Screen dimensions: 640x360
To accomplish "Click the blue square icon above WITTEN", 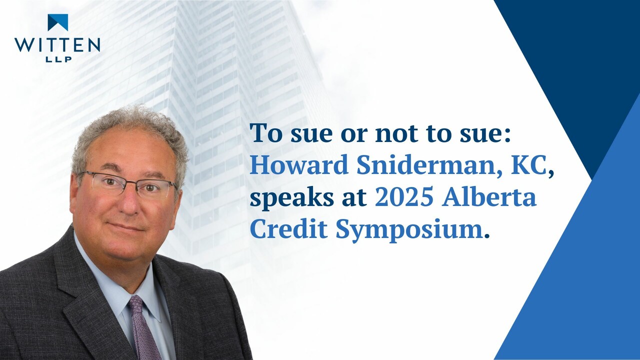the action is [x=57, y=22].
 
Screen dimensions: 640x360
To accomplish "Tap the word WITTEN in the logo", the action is [x=57, y=45].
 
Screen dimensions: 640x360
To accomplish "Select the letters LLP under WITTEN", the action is [x=58, y=59].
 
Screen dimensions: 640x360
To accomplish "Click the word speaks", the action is [x=291, y=198].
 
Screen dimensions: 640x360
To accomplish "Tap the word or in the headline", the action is [x=353, y=135].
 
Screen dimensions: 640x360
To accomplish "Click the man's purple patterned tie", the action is [x=143, y=328].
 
